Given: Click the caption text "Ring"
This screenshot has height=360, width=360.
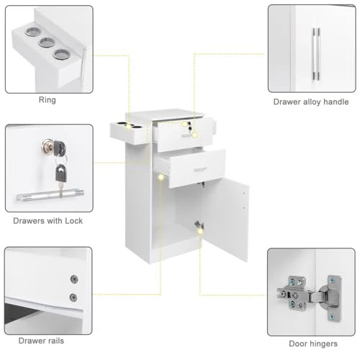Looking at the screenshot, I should pos(47,100).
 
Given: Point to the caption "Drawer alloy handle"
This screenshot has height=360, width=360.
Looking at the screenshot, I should pos(311,102).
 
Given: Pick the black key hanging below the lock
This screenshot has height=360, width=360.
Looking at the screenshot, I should pos(61,174).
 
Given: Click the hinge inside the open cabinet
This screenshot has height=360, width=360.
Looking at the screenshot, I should pos(201,225).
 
